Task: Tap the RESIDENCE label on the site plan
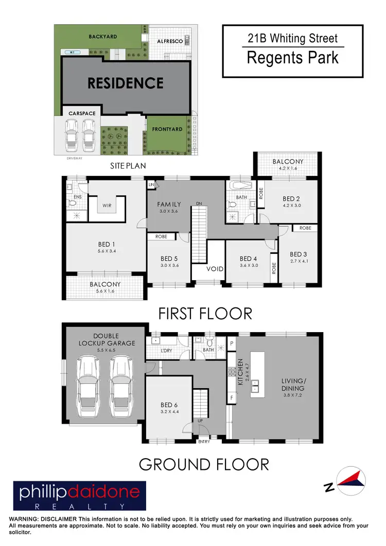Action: click(126, 83)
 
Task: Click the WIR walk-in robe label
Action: click(107, 205)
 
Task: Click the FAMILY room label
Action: click(169, 204)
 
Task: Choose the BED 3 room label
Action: click(299, 254)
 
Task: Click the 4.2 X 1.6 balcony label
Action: click(288, 168)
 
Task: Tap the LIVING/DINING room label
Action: click(292, 385)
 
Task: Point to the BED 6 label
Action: click(169, 405)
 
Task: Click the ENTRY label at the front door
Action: click(204, 442)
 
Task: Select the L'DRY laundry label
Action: click(166, 350)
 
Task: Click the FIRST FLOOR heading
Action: click(205, 313)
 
